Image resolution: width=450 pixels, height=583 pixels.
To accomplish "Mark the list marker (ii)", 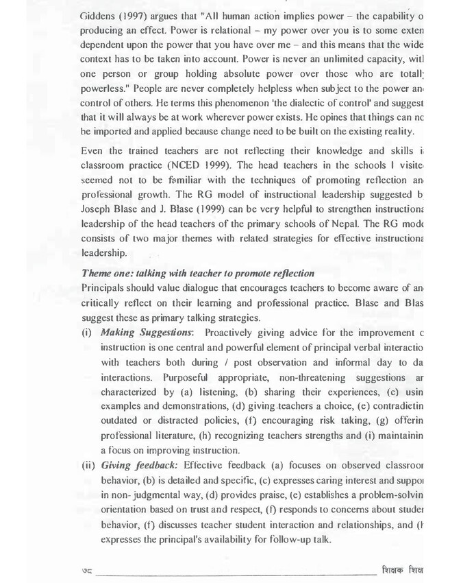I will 89,464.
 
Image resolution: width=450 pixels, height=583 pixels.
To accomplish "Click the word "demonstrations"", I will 182,405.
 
